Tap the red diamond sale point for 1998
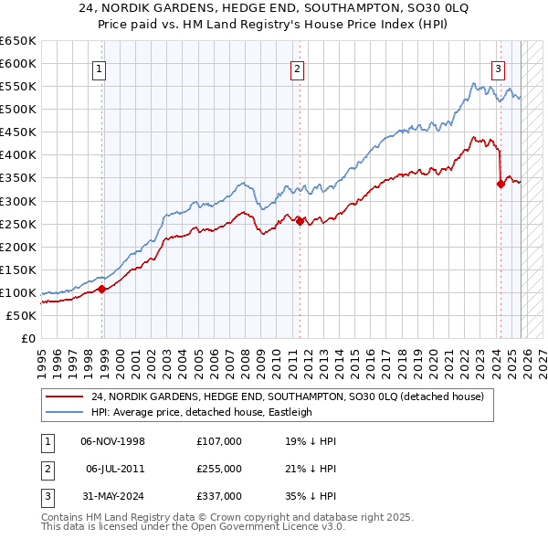(102, 290)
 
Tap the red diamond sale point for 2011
(300, 221)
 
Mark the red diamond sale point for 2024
(501, 184)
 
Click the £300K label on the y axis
(18, 201)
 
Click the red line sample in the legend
(65, 396)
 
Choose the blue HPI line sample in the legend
(65, 412)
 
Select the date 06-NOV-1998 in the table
(114, 441)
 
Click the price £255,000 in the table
(219, 469)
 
